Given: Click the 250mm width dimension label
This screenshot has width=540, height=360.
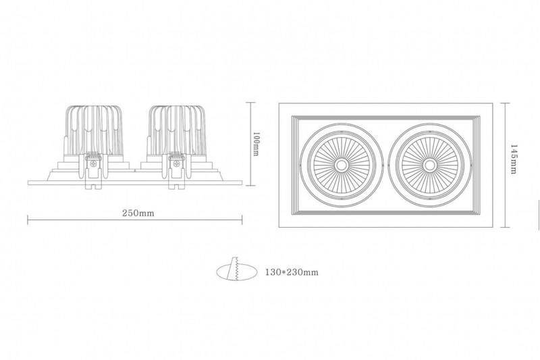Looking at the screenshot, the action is [138, 213].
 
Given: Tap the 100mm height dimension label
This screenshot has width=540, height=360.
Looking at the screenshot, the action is [256, 143].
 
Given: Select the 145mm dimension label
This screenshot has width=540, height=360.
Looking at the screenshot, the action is [514, 159].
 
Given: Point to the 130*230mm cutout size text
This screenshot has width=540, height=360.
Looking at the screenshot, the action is [292, 272].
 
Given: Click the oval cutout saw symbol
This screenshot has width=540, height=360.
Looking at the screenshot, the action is [237, 272].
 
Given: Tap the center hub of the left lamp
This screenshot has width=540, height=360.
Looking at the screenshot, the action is [342, 165].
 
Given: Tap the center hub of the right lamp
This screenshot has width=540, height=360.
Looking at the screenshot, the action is [429, 165].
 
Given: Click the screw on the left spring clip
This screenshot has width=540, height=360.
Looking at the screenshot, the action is [92, 164].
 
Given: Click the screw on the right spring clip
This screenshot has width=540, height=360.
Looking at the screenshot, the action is [177, 164].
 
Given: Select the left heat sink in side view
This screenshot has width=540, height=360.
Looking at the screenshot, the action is [94, 131].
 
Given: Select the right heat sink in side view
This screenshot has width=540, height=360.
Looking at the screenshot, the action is [177, 131].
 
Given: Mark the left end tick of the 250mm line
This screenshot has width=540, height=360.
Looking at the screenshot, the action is [28, 220].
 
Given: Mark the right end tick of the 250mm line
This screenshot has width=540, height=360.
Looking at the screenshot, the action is [242, 220].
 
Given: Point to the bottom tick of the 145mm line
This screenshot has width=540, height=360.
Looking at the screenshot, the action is [505, 227].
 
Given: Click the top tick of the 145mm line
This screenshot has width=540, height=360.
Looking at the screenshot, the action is [505, 103].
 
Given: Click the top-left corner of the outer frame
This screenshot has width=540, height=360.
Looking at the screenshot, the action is [279, 103].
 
